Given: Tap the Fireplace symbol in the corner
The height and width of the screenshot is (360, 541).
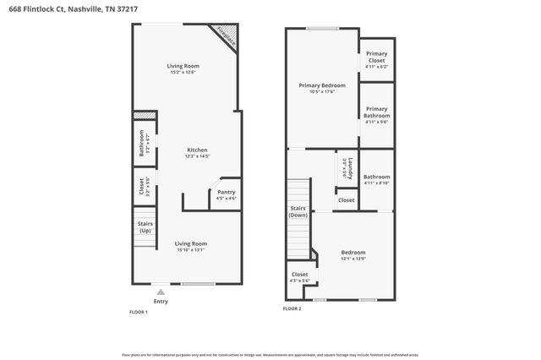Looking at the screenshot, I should (x=225, y=35).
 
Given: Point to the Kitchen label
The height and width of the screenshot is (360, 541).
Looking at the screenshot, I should (x=197, y=150).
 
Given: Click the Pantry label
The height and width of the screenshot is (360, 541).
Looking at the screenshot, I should (x=226, y=192).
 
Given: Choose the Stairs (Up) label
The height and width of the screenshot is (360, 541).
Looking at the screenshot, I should (x=145, y=226).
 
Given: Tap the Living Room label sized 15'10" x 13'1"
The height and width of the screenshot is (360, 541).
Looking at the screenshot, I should (x=192, y=243).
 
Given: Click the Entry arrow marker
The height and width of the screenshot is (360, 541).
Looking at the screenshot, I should (x=161, y=292).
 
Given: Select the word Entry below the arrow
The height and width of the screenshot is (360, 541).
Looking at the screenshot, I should (x=161, y=302).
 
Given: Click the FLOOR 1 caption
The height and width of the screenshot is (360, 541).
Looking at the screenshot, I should (x=139, y=312).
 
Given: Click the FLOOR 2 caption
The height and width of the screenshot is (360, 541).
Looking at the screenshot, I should (x=292, y=309).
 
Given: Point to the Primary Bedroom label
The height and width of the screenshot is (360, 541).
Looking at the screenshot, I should (x=321, y=85).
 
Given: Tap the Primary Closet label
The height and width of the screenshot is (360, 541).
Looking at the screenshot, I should (x=376, y=57).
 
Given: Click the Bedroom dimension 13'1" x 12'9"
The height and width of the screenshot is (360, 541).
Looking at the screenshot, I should (x=353, y=259).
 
